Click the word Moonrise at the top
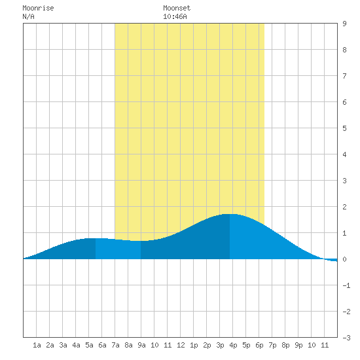[x=38, y=8]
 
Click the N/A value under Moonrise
[x=28, y=16]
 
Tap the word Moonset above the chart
[x=177, y=8]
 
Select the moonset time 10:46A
[x=175, y=16]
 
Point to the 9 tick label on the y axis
[x=344, y=24]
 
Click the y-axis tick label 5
[x=344, y=128]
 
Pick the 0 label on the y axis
[x=344, y=259]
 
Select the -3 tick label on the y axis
[x=346, y=338]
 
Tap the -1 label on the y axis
[x=346, y=285]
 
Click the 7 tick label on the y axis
[x=344, y=76]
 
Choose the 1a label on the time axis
[x=37, y=345]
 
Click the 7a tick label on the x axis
[x=115, y=345]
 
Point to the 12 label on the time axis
[x=181, y=345]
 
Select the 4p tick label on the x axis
[x=233, y=345]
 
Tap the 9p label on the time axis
[x=298, y=345]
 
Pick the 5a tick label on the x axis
[x=89, y=345]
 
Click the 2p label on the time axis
[x=207, y=345]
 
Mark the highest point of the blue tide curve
[x=230, y=214]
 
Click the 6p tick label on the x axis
[x=259, y=345]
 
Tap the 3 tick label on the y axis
[x=344, y=181]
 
